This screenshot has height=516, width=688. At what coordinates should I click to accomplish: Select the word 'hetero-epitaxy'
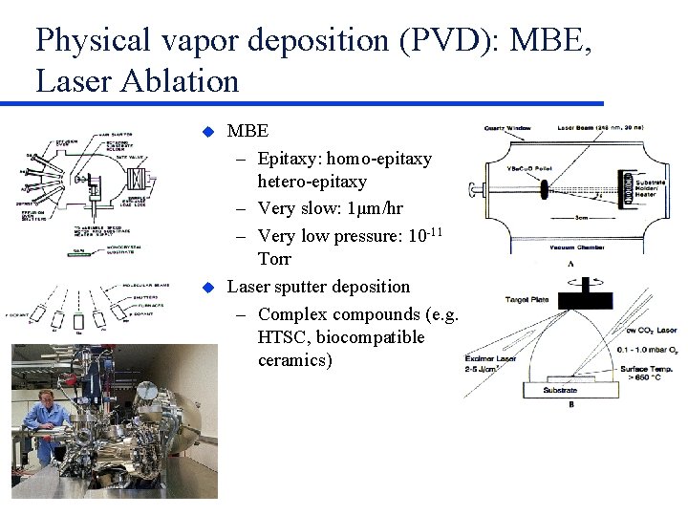[312, 182]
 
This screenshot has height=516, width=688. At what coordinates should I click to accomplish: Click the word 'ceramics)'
[295, 361]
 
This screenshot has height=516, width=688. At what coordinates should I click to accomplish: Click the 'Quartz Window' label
[507, 128]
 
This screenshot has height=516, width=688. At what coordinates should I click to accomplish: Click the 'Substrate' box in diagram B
[571, 391]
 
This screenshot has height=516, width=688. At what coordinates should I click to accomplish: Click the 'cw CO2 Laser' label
[651, 331]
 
